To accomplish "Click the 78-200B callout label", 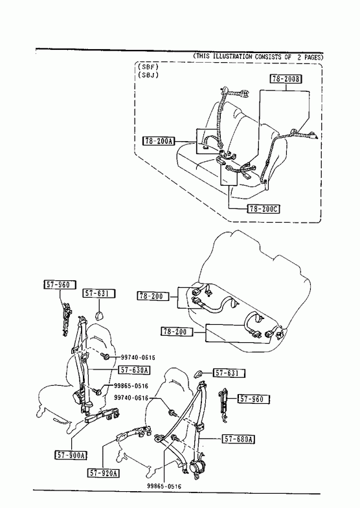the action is (x=286, y=79).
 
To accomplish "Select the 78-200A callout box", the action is (x=159, y=141).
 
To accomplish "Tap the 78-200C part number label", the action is (x=264, y=209).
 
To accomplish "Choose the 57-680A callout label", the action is (x=238, y=439).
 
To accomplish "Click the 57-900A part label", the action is (x=71, y=455).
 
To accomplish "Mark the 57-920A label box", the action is (x=104, y=473).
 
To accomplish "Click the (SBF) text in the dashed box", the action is (x=148, y=67).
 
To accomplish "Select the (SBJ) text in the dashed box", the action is (x=148, y=75).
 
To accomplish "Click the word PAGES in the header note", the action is (x=312, y=58).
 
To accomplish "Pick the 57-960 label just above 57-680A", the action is (x=254, y=399).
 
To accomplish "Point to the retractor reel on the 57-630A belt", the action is (x=78, y=396).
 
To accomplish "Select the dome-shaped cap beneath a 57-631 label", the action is (x=99, y=315).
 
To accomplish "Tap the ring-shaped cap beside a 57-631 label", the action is (x=198, y=374).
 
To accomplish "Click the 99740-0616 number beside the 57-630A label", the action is (x=138, y=357).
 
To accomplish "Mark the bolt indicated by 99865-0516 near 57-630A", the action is (x=98, y=392).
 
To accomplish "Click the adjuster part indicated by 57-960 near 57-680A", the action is (x=223, y=405).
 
